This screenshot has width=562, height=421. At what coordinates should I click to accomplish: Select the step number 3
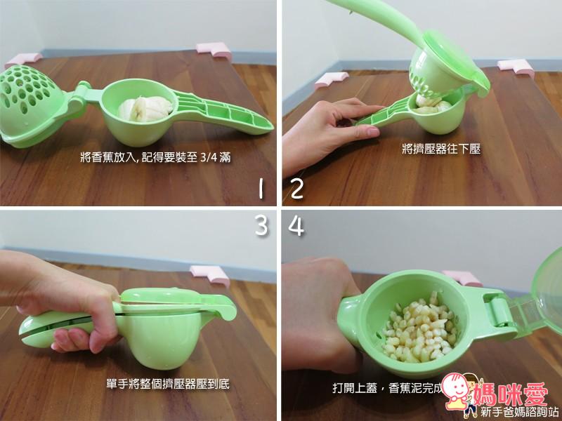pyautogui.click(x=260, y=226)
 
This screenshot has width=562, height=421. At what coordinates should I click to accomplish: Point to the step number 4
pyautogui.click(x=296, y=226)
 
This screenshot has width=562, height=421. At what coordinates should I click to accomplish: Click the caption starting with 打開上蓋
pyautogui.click(x=390, y=387)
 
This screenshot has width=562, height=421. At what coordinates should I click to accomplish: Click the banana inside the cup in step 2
pyautogui.click(x=429, y=105)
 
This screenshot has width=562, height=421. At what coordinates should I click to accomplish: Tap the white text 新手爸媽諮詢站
pyautogui.click(x=518, y=410)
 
